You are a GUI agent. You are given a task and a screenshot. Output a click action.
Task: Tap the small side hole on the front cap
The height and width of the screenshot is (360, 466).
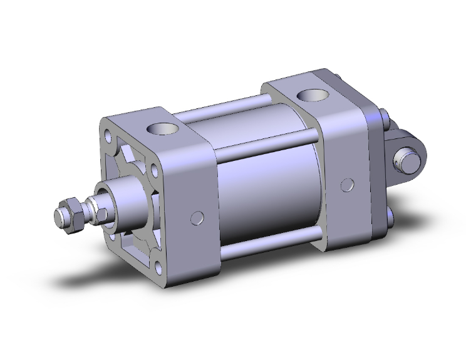point(197,218)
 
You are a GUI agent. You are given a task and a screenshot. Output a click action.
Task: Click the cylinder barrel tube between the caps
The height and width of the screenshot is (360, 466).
point(263,188)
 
